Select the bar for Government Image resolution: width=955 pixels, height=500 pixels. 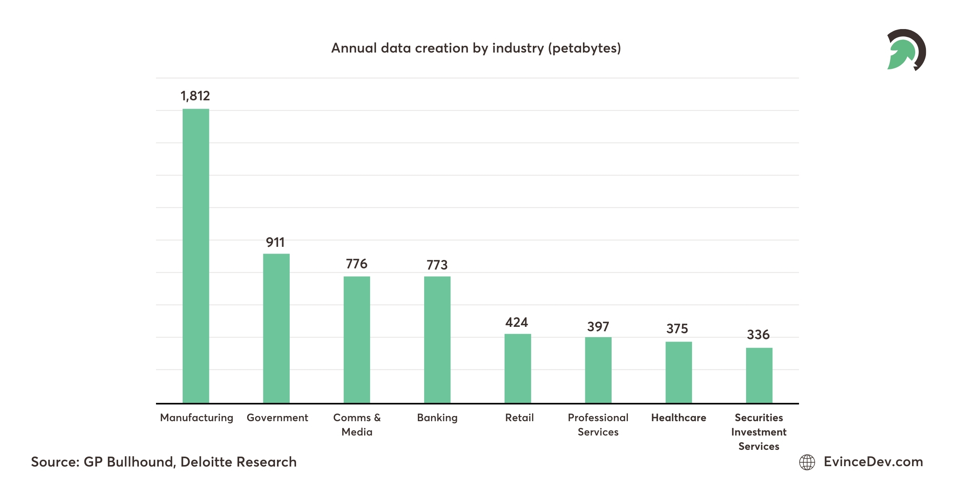[x=276, y=328]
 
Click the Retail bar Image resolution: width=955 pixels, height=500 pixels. [x=518, y=368]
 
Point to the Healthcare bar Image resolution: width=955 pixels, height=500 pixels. [x=679, y=372]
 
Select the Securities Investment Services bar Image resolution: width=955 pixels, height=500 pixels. [x=759, y=375]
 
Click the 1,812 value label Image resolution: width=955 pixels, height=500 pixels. [x=195, y=96]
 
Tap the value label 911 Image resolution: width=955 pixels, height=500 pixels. [x=275, y=242]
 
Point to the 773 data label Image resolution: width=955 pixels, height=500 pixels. [x=437, y=265]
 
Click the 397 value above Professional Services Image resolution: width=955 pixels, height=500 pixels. [x=598, y=327]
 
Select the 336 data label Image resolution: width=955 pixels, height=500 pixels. [x=758, y=335]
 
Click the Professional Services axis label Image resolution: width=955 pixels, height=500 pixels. [x=598, y=425]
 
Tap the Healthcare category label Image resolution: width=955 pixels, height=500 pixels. [x=678, y=418]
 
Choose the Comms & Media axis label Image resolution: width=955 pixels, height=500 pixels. [x=357, y=425]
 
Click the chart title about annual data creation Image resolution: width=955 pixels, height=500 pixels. [x=476, y=48]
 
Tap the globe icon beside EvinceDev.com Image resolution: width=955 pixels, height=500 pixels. [x=807, y=462]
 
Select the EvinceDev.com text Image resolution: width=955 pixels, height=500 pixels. [x=873, y=462]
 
